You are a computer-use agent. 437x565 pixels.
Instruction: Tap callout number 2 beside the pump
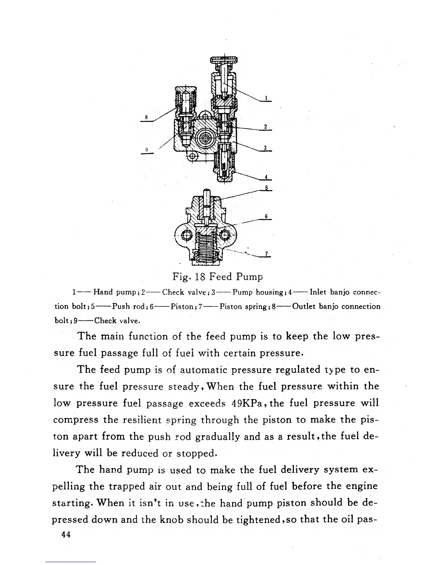tap(266, 127)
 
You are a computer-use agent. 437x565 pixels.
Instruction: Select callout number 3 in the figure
tap(266, 148)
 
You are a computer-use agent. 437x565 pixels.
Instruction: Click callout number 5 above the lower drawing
tap(266, 188)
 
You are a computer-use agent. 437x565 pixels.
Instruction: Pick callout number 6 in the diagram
tap(266, 216)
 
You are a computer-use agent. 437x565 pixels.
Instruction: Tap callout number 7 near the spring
tap(266, 254)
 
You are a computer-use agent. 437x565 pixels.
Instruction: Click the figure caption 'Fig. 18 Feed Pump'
tap(218, 277)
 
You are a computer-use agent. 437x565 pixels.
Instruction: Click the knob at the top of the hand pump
tap(224, 60)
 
